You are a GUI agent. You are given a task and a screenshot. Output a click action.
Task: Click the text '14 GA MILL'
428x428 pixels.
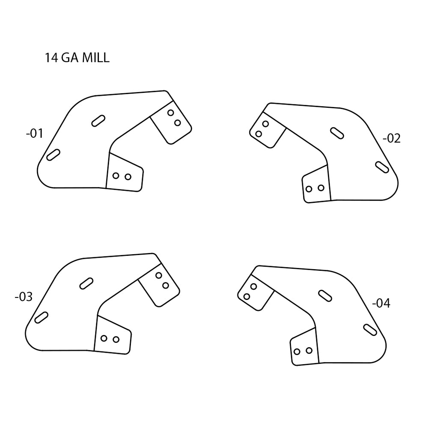(x=77, y=58)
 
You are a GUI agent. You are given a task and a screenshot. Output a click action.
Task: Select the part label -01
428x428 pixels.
(x=35, y=134)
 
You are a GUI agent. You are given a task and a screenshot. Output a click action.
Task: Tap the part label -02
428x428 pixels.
(x=391, y=138)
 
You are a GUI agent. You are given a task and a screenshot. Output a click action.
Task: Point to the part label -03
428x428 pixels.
(x=24, y=297)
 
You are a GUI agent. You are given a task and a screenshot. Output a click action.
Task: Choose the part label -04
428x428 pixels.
(x=381, y=303)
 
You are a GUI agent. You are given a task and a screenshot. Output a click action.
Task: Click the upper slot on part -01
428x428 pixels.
(x=98, y=121)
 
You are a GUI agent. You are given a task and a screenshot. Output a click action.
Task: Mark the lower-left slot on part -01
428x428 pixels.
(x=53, y=155)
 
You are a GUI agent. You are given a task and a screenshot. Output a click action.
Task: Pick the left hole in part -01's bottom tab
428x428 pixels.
(x=116, y=176)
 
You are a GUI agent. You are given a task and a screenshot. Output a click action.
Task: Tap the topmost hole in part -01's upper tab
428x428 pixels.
(x=171, y=113)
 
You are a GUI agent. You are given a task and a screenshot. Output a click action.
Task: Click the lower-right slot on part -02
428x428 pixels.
(x=382, y=167)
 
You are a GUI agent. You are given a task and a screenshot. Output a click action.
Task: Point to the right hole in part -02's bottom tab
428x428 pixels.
(x=321, y=187)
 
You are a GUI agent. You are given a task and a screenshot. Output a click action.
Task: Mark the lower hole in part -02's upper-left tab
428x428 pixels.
(x=259, y=134)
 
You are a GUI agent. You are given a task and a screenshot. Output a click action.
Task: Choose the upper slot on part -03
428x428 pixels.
(x=86, y=283)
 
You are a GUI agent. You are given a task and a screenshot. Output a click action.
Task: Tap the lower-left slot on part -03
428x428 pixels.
(x=41, y=317)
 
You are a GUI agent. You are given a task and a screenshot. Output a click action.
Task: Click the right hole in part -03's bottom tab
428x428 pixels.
(x=116, y=339)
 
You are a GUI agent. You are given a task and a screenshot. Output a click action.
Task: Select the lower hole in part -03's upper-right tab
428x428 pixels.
(x=166, y=285)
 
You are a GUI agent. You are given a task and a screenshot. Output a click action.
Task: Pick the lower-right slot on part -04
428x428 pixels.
(x=370, y=330)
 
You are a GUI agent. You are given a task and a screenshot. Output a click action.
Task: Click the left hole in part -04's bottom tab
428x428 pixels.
(x=297, y=351)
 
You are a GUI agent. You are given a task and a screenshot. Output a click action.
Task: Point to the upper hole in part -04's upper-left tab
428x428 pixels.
(x=253, y=286)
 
